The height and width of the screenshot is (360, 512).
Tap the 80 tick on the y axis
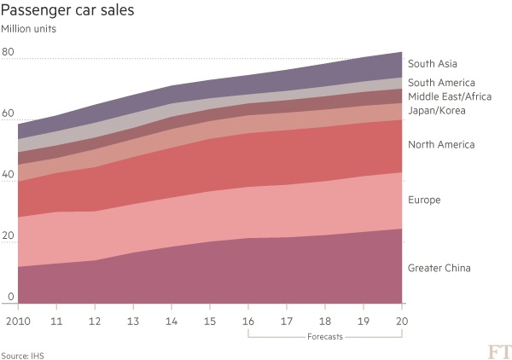point(9,52)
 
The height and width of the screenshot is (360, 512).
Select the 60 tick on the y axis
point(9,113)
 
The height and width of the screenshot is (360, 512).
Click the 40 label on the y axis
point(9,175)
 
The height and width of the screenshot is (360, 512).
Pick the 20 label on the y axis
point(9,236)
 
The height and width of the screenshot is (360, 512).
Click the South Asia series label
point(433,64)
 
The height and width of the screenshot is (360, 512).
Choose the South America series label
point(440,83)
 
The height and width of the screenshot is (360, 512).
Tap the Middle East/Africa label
point(450,96)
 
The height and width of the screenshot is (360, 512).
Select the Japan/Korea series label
point(435,110)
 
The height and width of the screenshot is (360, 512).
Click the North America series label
point(440,145)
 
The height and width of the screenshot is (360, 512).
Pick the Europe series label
point(423,200)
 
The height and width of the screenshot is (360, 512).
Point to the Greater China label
point(439,269)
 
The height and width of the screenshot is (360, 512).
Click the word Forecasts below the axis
point(324,337)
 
